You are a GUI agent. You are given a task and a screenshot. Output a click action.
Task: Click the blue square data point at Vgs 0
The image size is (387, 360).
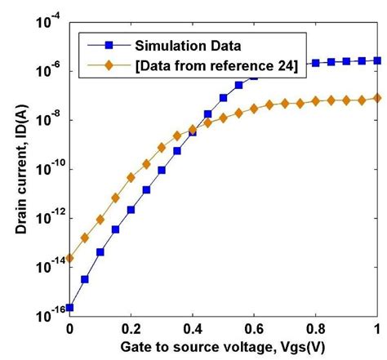click(70, 308)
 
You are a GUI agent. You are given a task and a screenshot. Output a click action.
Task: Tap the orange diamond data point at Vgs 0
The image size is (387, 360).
click(70, 258)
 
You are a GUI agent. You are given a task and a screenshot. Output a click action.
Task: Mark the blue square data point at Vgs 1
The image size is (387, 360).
click(376, 60)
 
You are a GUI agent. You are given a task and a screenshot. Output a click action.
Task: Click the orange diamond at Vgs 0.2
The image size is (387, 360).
click(131, 177)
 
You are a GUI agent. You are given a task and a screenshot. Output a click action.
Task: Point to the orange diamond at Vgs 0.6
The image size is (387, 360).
click(254, 107)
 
